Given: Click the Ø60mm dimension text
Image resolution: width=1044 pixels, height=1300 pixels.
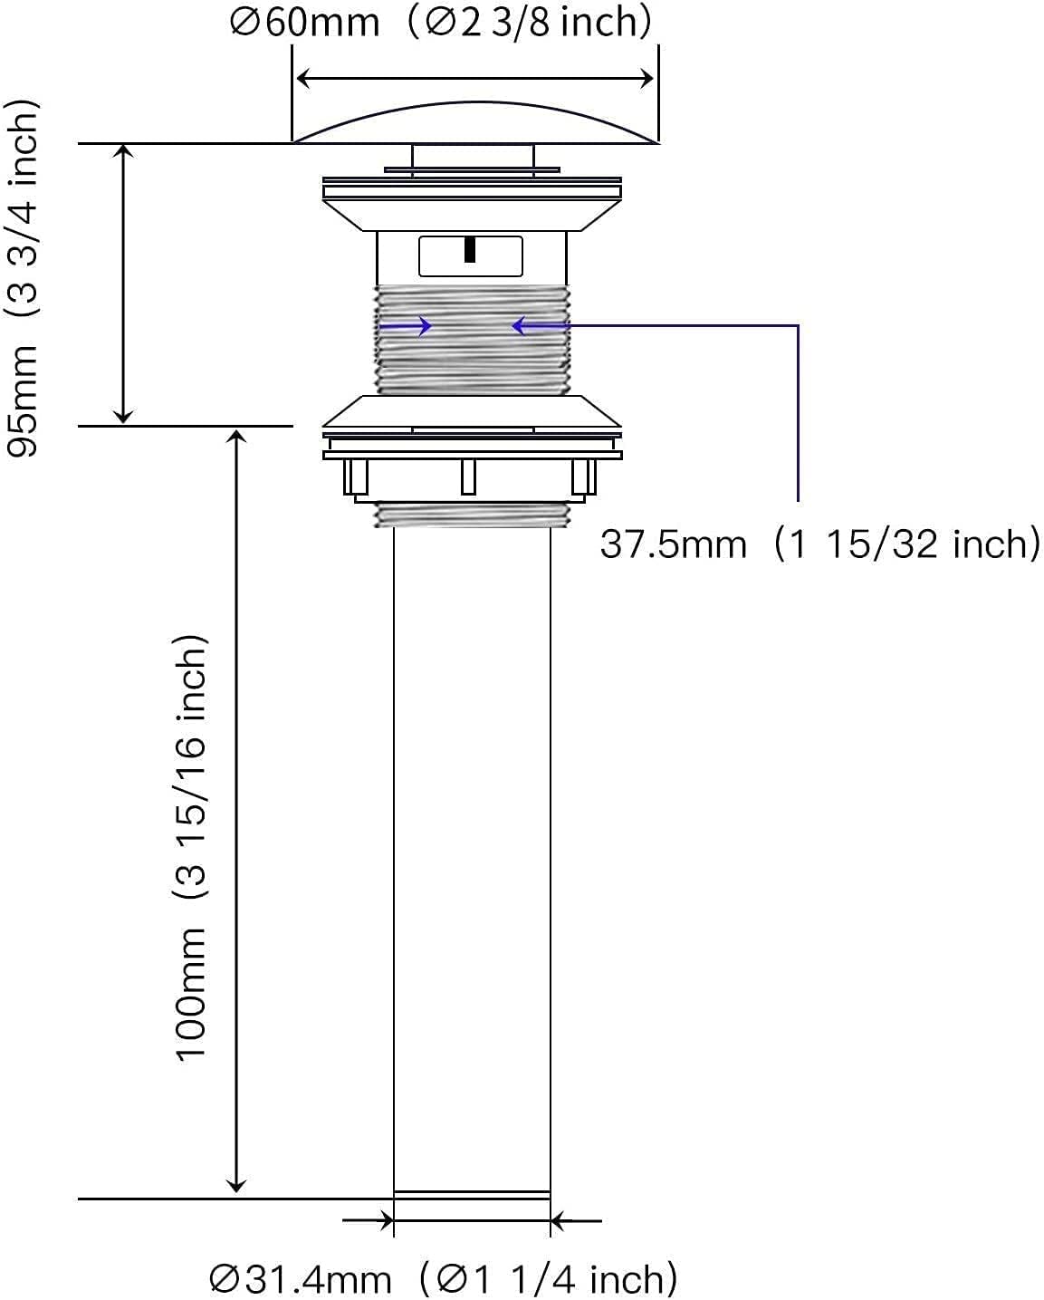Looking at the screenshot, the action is tap(305, 23).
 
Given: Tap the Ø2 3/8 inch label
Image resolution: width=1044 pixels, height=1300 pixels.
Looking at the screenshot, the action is tap(530, 23).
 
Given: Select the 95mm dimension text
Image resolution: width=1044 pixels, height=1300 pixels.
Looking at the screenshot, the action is tap(23, 402).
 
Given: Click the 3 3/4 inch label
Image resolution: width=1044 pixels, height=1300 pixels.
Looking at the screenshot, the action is tap(23, 208).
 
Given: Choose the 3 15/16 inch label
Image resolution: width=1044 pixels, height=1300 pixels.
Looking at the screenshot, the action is tap(191, 767).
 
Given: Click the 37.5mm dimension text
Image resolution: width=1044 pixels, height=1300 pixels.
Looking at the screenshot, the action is tap(674, 544).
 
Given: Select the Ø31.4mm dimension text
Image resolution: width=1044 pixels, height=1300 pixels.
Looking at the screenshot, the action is tap(301, 1279).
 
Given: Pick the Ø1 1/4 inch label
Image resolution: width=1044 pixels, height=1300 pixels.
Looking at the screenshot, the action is tap(549, 1279).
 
